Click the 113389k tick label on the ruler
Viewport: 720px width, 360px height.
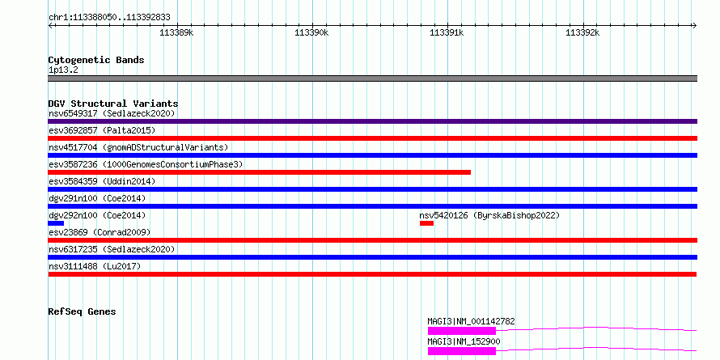click(176, 32)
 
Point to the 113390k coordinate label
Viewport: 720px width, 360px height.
click(311, 32)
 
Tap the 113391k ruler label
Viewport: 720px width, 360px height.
click(447, 32)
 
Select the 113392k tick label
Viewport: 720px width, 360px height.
click(582, 32)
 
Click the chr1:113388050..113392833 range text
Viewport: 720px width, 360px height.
click(109, 18)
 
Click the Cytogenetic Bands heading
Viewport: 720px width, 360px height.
click(96, 60)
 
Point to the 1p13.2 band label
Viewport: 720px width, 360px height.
click(63, 70)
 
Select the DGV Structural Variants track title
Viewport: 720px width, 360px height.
click(113, 104)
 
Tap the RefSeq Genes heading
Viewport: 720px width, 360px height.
click(82, 311)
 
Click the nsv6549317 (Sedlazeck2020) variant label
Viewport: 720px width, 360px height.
click(112, 113)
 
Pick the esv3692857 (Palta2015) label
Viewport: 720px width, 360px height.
click(102, 130)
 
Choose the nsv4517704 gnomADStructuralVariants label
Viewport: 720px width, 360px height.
click(138, 147)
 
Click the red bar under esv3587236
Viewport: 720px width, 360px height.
click(260, 172)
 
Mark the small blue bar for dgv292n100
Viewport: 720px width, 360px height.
click(56, 223)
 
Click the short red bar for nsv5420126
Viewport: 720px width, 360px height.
click(426, 223)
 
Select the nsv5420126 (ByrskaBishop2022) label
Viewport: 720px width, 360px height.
click(490, 215)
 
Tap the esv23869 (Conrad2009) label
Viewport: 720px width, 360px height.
click(100, 232)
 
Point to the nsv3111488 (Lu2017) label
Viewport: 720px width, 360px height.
click(95, 266)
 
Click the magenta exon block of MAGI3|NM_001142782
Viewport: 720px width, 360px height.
click(462, 331)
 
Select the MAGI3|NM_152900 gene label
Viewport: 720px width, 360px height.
click(464, 341)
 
